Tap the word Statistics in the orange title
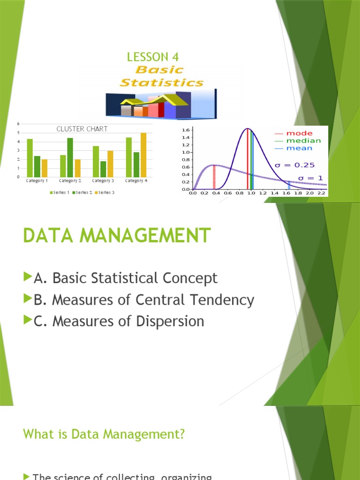162,83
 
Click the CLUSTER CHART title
82,129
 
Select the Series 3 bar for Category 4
143,155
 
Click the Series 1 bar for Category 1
30,157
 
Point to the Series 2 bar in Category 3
103,169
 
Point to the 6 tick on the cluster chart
18,124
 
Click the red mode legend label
300,133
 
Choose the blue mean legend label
300,148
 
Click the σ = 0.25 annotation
295,165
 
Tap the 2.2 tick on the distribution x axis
321,193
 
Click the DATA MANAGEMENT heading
117,235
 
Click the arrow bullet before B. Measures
28,300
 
